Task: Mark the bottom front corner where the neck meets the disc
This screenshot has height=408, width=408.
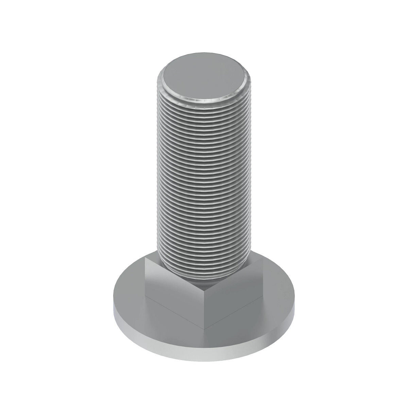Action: pos(204,329)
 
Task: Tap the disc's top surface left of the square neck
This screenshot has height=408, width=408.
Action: pos(131,292)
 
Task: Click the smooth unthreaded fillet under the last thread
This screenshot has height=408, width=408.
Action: pos(204,279)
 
